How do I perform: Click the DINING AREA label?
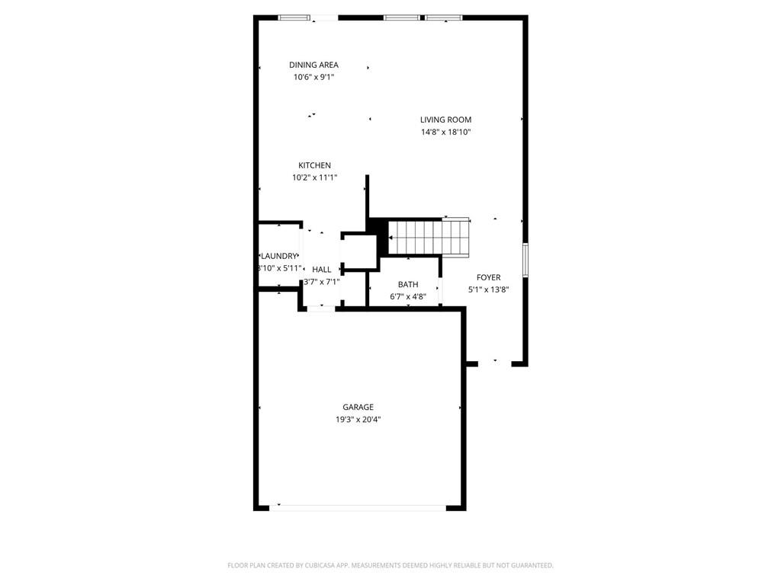313,65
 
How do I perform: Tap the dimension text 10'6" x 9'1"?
313,77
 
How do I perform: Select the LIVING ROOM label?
445,120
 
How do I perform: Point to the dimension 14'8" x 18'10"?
445,132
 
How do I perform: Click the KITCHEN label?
314,165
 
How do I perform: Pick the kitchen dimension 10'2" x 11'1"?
315,177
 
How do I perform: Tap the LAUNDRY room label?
279,256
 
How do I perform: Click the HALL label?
322,270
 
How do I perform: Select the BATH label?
408,285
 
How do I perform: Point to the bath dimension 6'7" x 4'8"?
408,297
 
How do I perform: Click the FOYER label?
489,277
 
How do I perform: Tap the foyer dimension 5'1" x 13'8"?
489,289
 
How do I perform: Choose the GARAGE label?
358,407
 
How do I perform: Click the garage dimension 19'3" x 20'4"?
358,420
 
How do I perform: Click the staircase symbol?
429,238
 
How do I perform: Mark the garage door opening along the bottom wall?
358,508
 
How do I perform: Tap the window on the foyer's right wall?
525,260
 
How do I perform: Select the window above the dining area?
294,18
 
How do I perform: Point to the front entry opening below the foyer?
494,364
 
